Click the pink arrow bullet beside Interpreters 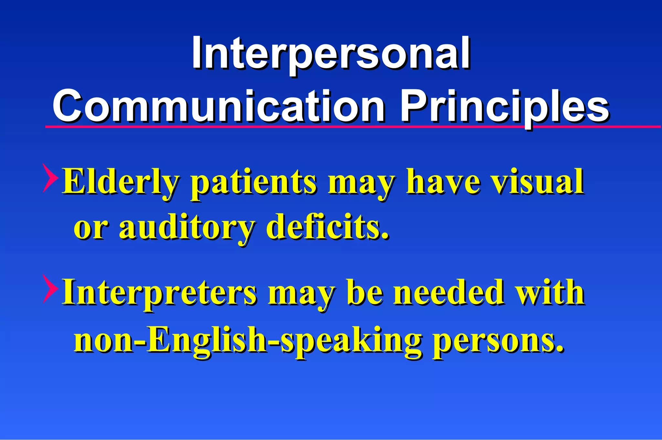[50, 289]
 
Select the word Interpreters [159, 293]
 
